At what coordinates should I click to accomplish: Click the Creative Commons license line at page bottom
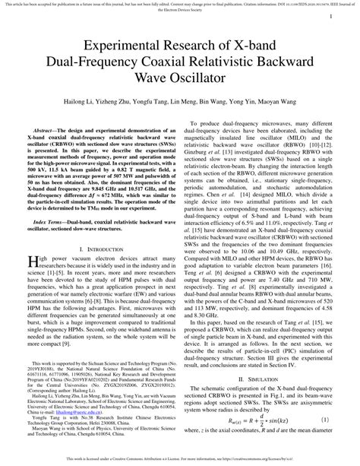click(x=180, y=460)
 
